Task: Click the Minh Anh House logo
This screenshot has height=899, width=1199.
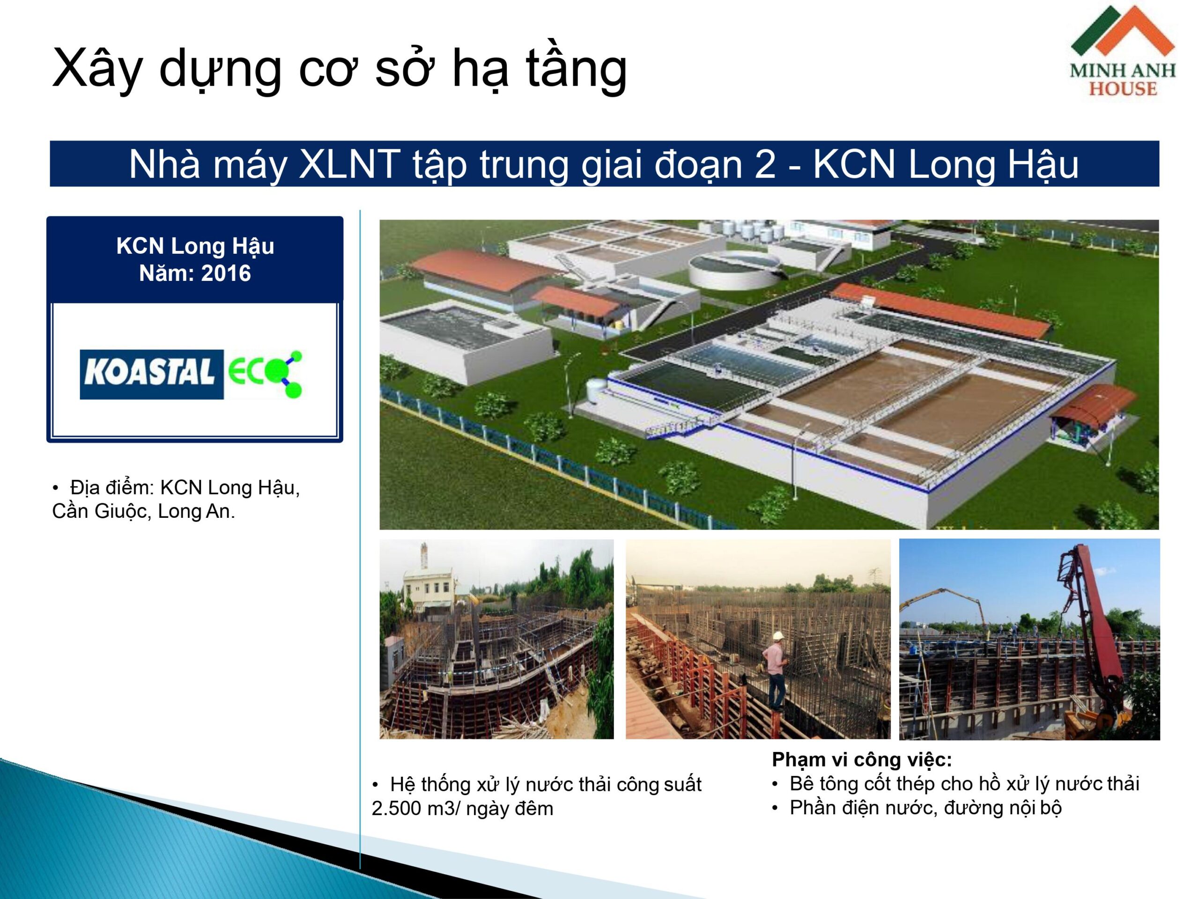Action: [1123, 51]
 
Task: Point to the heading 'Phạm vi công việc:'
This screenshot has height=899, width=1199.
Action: [862, 760]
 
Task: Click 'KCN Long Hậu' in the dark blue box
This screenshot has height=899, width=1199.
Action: [195, 246]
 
